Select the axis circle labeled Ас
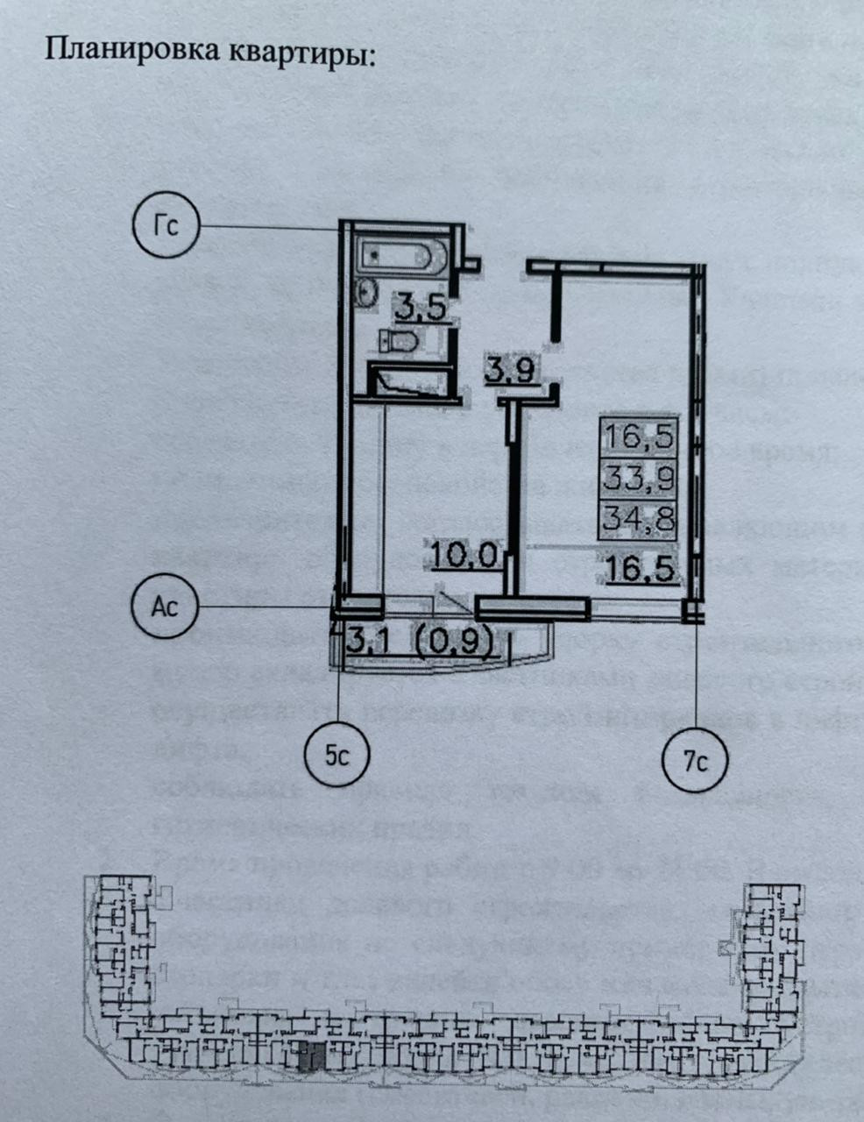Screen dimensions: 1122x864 pos(165,605)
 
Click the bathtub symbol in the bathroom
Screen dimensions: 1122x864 pos(401,258)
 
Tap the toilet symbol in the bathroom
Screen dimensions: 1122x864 pos(400,341)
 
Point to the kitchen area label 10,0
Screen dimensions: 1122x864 pos(464,554)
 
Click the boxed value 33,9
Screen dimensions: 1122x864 pos(638,478)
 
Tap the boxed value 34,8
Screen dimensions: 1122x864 pos(638,519)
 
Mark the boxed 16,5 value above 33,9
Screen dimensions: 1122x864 pos(638,437)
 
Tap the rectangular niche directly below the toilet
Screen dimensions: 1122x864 pos(409,380)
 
